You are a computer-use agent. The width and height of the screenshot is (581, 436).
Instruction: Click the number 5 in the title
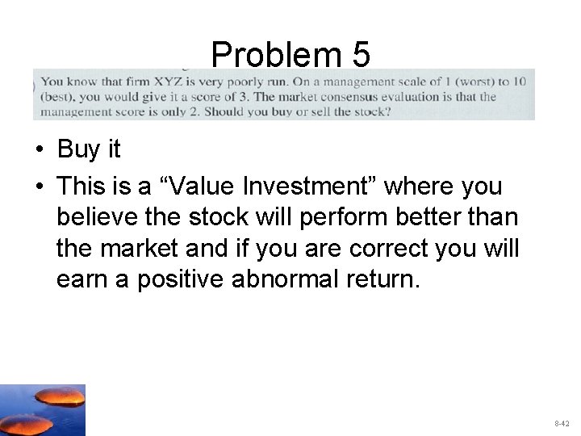[361, 55]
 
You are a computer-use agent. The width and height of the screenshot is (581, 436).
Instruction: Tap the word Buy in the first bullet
[78, 149]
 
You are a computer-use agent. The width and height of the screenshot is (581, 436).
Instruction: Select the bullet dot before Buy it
[39, 150]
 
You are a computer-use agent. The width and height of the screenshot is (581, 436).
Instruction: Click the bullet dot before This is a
[39, 187]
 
